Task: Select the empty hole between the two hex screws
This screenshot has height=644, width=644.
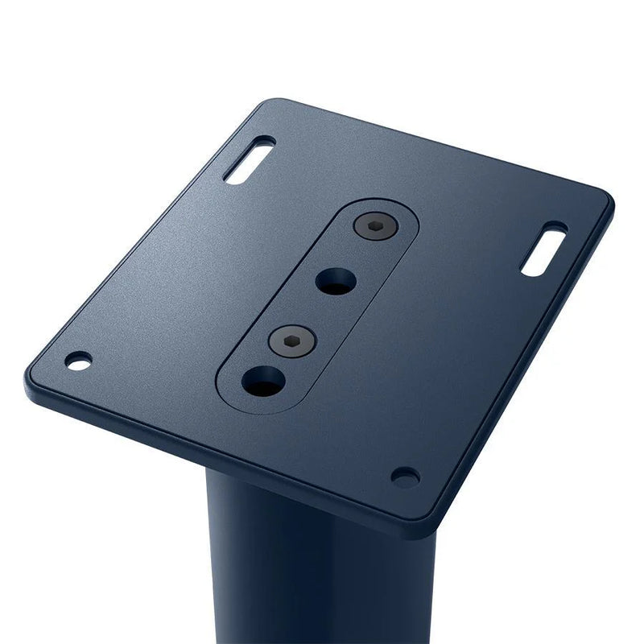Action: [336, 281]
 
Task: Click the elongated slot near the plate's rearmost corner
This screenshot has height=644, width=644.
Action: [249, 161]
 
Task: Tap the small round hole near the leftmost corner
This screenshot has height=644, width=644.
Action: [78, 361]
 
